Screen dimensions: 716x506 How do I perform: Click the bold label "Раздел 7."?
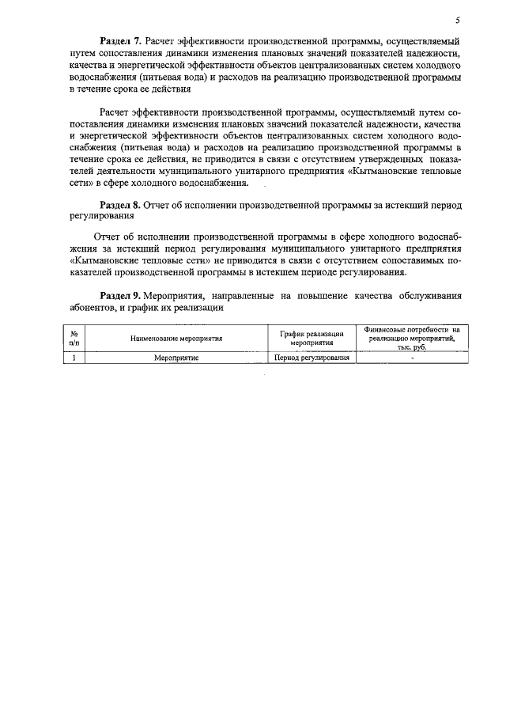pos(119,40)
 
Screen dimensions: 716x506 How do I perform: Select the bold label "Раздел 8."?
pos(119,204)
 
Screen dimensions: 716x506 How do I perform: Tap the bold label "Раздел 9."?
pos(119,295)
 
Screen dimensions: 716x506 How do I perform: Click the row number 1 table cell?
pos(74,358)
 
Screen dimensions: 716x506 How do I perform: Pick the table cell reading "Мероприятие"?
pos(176,358)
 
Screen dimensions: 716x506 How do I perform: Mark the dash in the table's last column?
pos(412,358)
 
